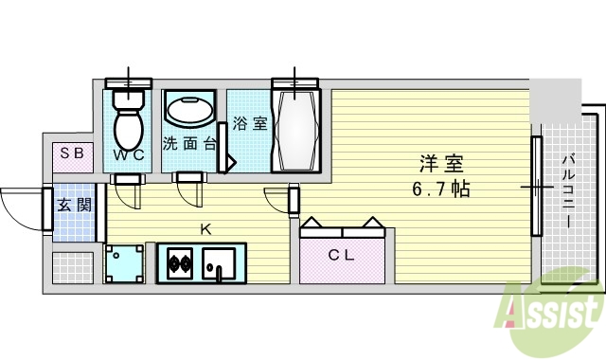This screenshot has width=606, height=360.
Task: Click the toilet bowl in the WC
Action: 128,126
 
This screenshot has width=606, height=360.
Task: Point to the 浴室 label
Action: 251,123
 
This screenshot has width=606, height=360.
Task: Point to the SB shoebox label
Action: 72,153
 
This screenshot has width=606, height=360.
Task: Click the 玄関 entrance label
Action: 72,205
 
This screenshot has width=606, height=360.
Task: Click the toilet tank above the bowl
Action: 128,97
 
